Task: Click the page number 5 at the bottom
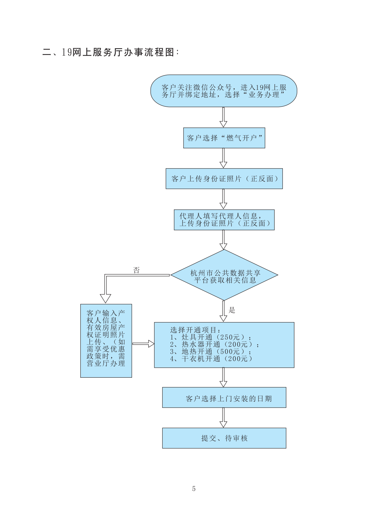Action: pos(194,489)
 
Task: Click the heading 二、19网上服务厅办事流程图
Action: pos(110,52)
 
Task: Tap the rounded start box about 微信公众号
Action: pos(224,91)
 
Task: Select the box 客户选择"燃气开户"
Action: pos(224,138)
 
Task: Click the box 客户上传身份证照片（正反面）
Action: pos(224,179)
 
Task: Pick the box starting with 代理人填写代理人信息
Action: pos(224,220)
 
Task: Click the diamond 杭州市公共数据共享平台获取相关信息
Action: pos(224,275)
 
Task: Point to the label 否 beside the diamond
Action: pos(137,270)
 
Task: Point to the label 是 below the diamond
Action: pos(232,310)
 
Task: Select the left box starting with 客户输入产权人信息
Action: pos(106,340)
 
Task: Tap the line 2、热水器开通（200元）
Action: pos(214,344)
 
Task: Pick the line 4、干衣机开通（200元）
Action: pos(211,359)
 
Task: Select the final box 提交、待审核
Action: pos(224,438)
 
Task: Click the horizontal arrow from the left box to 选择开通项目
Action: pos(143,344)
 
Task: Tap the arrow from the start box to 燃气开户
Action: pos(223,117)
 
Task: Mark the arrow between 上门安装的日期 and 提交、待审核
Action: pos(223,418)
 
